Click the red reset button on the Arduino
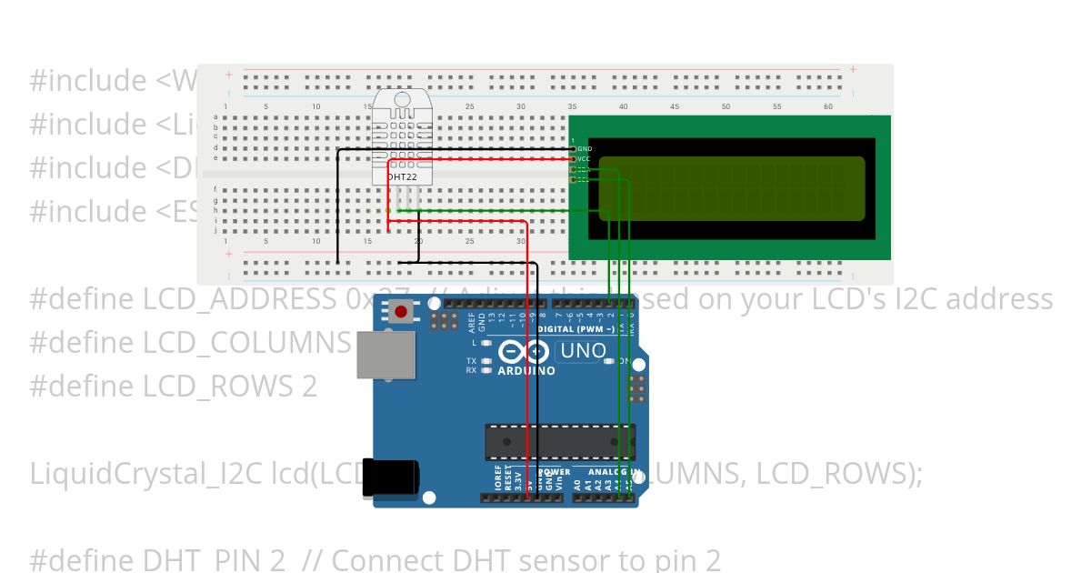pyautogui.click(x=401, y=313)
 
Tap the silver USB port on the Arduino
pyautogui.click(x=385, y=354)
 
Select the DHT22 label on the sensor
pyautogui.click(x=402, y=177)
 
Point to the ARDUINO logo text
pyautogui.click(x=526, y=371)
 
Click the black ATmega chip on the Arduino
pyautogui.click(x=559, y=441)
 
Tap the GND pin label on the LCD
pyautogui.click(x=585, y=148)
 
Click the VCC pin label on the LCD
pyautogui.click(x=584, y=159)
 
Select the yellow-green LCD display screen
pyautogui.click(x=731, y=188)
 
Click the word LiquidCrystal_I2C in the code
pyautogui.click(x=146, y=473)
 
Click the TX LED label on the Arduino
pyautogui.click(x=472, y=361)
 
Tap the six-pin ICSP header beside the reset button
pyautogui.click(x=445, y=320)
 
